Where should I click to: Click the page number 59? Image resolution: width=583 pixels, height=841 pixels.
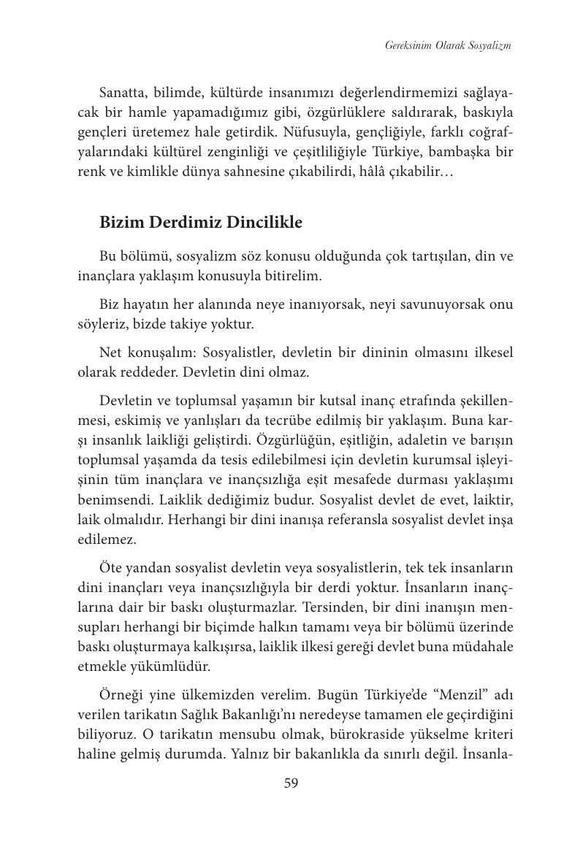point(291,783)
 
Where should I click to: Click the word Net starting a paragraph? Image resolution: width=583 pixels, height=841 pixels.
point(112,353)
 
